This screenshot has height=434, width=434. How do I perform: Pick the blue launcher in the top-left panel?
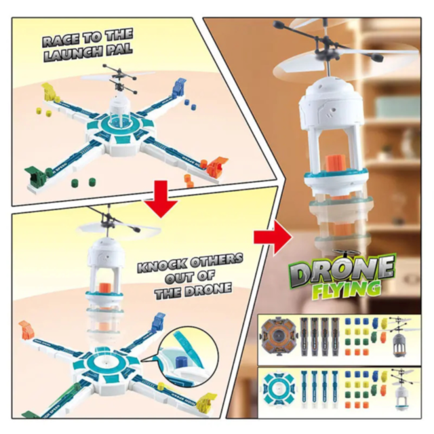pos(179,86)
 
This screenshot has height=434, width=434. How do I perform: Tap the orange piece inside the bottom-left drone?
pos(104,282)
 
